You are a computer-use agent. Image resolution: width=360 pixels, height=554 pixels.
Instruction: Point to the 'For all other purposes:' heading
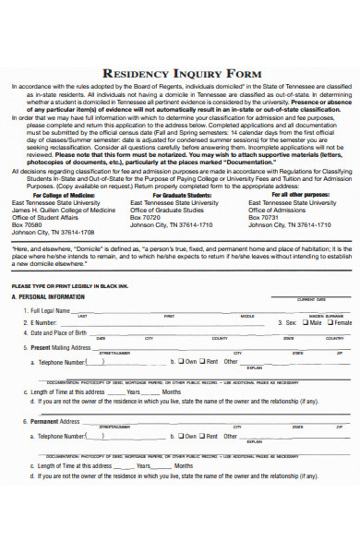[293, 195]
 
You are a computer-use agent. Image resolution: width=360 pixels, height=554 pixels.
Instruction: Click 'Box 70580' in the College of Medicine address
[27, 224]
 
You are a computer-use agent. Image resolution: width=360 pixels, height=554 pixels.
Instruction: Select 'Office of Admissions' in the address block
[281, 210]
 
